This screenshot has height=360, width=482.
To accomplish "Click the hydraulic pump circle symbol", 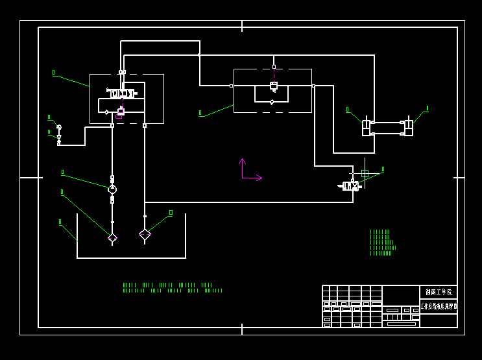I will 112,189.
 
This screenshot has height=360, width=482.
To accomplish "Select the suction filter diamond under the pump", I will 112,238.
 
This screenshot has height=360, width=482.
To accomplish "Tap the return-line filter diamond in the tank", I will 145,234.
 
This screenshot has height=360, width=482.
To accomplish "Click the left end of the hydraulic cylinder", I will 367,128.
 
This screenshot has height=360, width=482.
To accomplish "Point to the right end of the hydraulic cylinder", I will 408,128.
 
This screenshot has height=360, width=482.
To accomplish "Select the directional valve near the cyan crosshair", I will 351,186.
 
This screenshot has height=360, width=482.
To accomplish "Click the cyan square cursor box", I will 365,173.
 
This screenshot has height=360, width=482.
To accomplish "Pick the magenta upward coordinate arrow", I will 242,162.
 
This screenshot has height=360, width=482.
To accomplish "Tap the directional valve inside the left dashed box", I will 122,93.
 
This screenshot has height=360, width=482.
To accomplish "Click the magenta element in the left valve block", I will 119,117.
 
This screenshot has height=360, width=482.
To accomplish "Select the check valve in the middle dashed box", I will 272,102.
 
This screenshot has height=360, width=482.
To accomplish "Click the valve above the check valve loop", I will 274,86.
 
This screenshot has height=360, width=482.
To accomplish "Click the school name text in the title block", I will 438,293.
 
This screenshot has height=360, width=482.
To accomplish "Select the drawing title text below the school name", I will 439,306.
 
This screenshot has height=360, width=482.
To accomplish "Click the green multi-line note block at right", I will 382,243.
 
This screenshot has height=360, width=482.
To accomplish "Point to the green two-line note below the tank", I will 172,287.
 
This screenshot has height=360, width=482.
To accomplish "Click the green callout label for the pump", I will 62,172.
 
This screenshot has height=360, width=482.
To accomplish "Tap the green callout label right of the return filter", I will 171,212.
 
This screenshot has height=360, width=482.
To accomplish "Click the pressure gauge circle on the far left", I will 59,127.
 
